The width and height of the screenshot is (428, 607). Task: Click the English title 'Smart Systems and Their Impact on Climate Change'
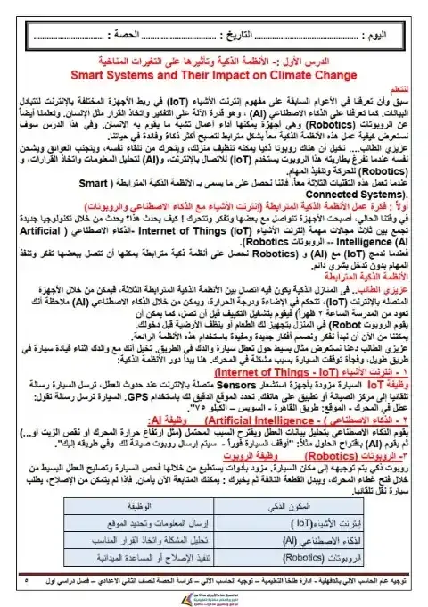[x=214, y=76]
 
